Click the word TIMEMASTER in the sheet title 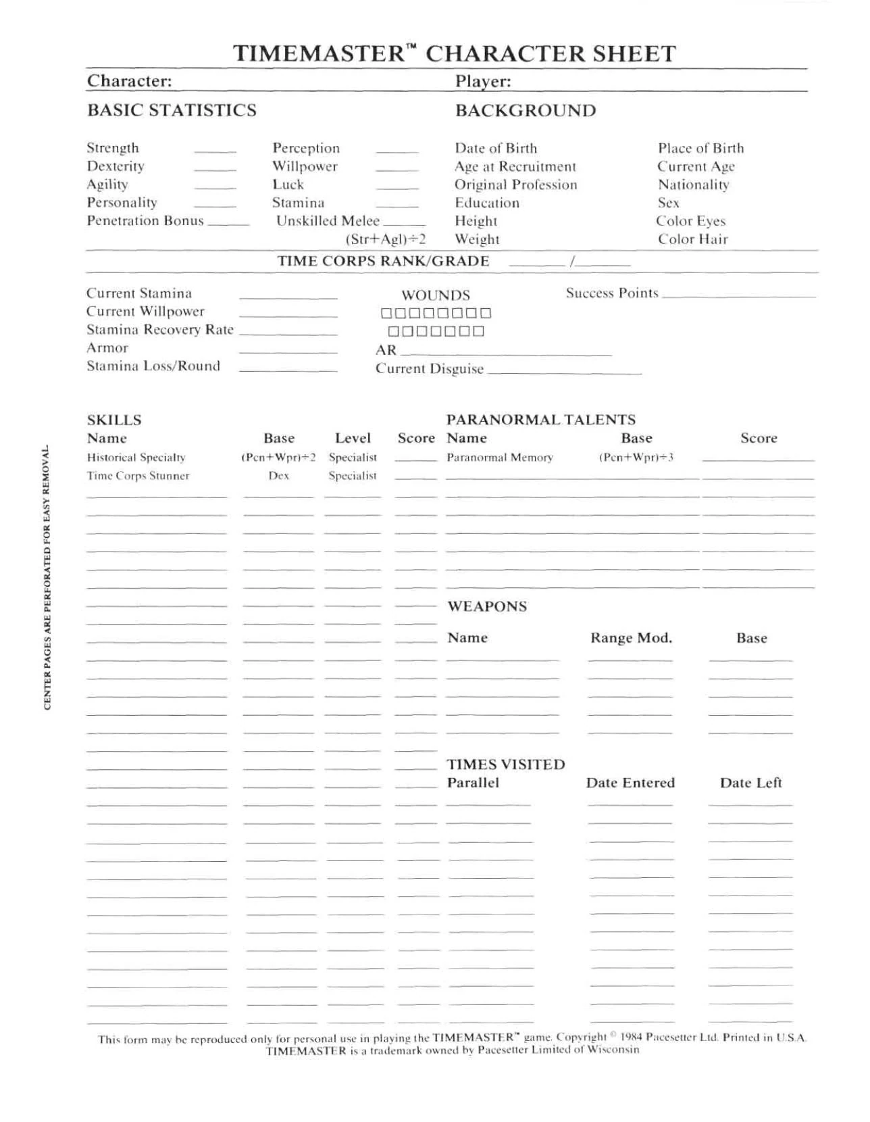click(x=318, y=54)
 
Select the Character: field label click(x=130, y=81)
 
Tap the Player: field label click(x=483, y=82)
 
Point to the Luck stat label click(x=288, y=185)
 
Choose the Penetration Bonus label click(x=145, y=221)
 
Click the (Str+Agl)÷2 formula click(x=386, y=239)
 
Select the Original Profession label click(x=516, y=185)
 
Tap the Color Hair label click(x=693, y=239)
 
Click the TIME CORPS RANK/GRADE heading click(x=384, y=262)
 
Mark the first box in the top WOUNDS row click(x=386, y=313)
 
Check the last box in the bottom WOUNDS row click(x=478, y=331)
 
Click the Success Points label click(x=612, y=293)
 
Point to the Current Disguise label click(x=430, y=369)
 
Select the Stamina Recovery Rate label click(x=160, y=330)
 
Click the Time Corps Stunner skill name click(x=138, y=476)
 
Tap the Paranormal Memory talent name click(x=500, y=458)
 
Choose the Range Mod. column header click(x=631, y=638)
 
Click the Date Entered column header click(x=630, y=783)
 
